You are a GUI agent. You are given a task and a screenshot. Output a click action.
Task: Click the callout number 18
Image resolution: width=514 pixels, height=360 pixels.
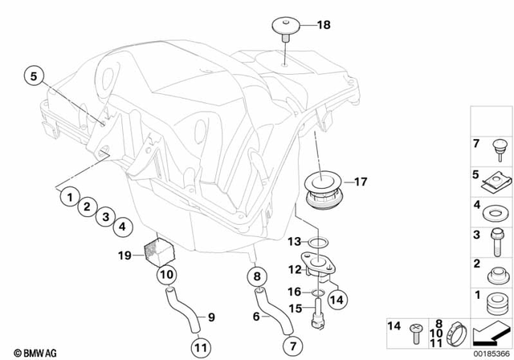click(323, 25)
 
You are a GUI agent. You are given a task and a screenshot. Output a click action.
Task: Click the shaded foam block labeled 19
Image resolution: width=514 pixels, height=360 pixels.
click(157, 249)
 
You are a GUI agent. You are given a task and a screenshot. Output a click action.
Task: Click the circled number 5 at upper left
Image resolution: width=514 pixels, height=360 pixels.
click(34, 77)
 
